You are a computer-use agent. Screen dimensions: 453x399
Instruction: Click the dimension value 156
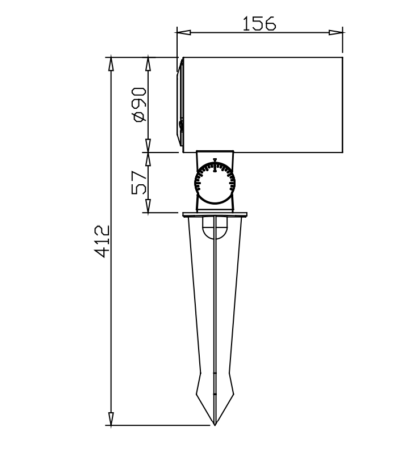(259, 24)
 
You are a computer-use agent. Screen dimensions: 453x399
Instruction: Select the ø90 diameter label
(139, 104)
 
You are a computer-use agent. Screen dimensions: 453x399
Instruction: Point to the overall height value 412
(102, 242)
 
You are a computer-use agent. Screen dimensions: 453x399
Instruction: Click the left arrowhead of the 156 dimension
(183, 32)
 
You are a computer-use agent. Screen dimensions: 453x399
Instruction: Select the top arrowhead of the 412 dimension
(111, 63)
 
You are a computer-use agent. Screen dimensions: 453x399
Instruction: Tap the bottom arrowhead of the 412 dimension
(111, 418)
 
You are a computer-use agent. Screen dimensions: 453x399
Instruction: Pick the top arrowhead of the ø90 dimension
(148, 63)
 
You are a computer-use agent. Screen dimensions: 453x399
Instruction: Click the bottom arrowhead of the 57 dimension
(148, 207)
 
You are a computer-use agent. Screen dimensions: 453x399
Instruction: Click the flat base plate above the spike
(215, 215)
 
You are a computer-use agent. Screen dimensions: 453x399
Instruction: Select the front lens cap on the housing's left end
(180, 105)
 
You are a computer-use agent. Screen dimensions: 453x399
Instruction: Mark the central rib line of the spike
(215, 317)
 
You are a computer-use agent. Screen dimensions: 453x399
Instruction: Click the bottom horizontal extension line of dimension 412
(159, 425)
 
